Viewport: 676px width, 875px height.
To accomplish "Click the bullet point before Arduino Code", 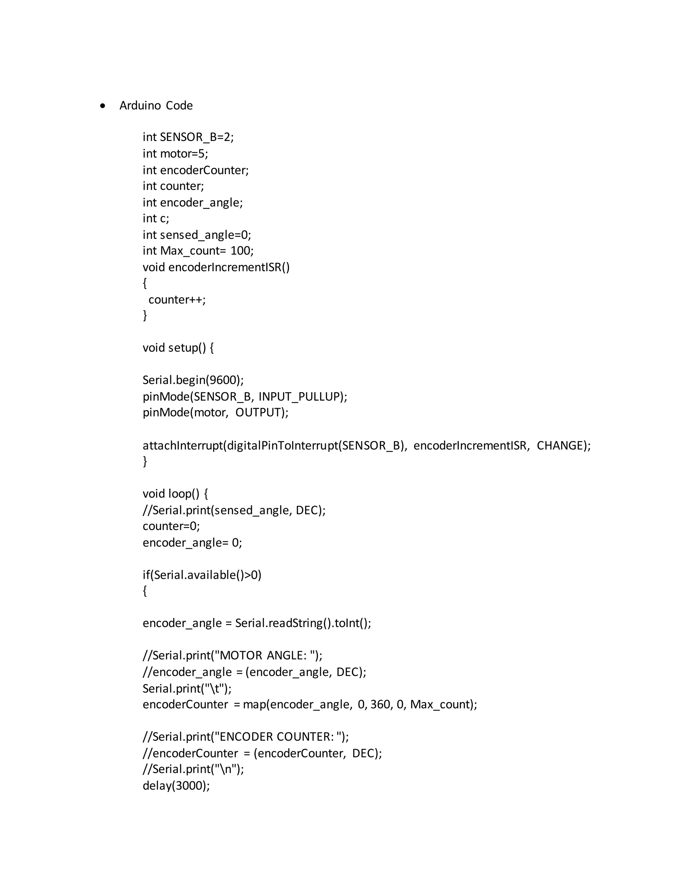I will click(x=103, y=106).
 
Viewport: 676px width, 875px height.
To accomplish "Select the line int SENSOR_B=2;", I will click(x=188, y=137).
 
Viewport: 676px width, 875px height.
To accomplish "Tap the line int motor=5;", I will click(x=175, y=154).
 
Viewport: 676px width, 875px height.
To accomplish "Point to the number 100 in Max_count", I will click(x=240, y=251).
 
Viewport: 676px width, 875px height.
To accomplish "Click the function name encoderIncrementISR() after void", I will click(x=229, y=267).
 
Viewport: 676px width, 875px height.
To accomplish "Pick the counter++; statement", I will click(x=177, y=300).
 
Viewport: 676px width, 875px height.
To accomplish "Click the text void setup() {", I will click(x=178, y=348).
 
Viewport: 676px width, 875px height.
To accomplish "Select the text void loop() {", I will click(x=175, y=494).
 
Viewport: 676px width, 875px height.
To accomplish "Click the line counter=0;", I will click(x=171, y=526).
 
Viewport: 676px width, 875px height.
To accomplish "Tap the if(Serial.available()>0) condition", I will click(x=202, y=575).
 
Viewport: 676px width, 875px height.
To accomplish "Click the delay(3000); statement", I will click(x=176, y=786).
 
